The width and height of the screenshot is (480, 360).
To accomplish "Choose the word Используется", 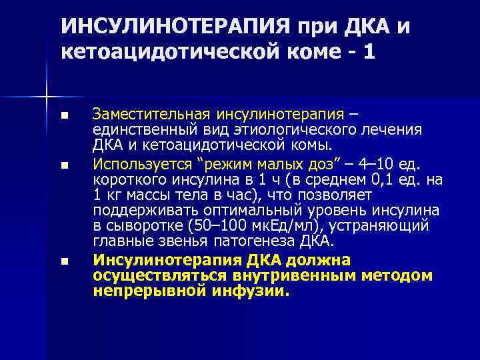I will (137, 163).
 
